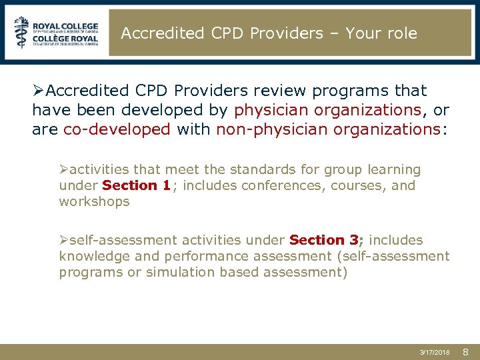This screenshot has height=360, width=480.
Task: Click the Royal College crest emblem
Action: click(22, 32)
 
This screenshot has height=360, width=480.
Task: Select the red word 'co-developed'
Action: click(117, 129)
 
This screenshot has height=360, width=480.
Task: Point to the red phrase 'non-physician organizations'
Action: click(328, 129)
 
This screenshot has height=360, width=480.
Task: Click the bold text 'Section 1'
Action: click(137, 186)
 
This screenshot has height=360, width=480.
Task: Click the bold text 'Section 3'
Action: click(325, 240)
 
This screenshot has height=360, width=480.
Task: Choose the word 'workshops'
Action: click(94, 201)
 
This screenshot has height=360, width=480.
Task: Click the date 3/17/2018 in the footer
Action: click(435, 351)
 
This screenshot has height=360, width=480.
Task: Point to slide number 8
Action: click(466, 351)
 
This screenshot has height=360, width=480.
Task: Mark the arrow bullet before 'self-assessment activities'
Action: click(65, 240)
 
